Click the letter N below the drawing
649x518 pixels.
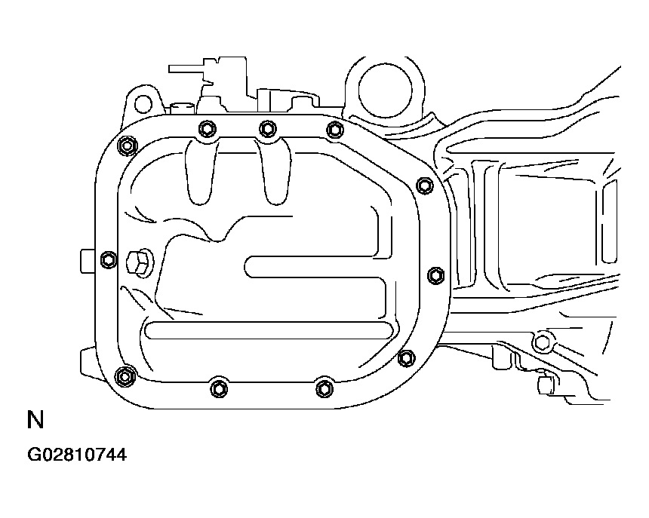click(x=35, y=420)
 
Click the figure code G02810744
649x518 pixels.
click(x=77, y=455)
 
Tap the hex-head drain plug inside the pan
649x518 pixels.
click(x=138, y=262)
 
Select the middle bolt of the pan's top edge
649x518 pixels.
click(x=268, y=129)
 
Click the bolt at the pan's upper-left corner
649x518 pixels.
click(x=127, y=146)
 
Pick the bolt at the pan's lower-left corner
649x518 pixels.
click(x=125, y=376)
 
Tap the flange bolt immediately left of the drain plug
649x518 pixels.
click(x=109, y=259)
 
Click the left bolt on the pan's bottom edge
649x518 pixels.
click(x=219, y=388)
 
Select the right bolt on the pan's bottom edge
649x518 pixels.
click(x=324, y=388)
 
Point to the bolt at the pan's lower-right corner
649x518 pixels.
click(x=407, y=358)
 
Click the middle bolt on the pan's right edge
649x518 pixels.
click(x=435, y=275)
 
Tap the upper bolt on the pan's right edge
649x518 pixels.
click(x=425, y=185)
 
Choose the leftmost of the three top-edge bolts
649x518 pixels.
click(x=207, y=129)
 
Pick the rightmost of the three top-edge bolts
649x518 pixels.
click(x=334, y=130)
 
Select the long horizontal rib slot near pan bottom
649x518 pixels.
click(x=269, y=330)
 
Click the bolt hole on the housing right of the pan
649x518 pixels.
click(x=542, y=342)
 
